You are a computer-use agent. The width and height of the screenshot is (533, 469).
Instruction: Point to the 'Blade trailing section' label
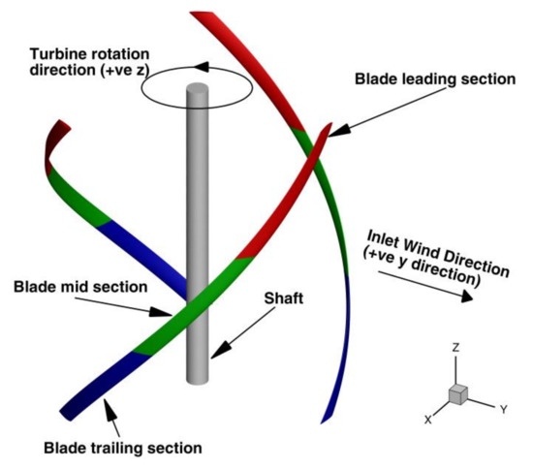[122, 448]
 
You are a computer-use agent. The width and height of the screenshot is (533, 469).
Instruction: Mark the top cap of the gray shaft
[196, 90]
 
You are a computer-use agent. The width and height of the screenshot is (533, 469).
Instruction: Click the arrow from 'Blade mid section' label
[141, 309]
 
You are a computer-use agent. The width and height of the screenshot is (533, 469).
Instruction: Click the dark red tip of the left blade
[64, 131]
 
